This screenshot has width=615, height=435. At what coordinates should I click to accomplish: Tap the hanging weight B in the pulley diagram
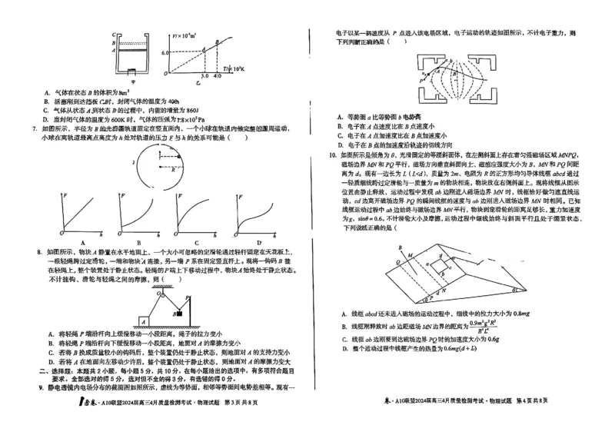click(178, 311)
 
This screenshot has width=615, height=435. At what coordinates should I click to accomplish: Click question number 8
click(39, 251)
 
